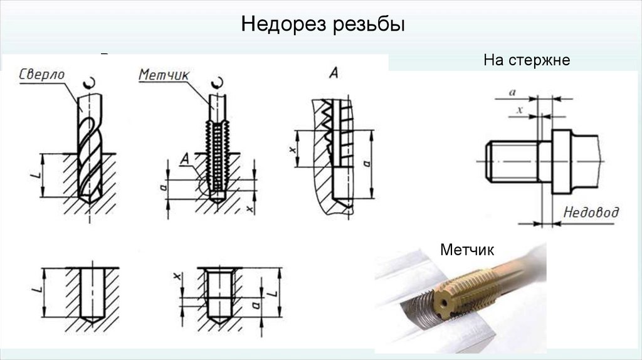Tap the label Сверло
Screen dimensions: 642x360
point(42,73)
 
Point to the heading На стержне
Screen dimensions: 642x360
point(526,61)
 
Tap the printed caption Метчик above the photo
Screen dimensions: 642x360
point(467,250)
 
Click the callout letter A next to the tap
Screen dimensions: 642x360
point(184,157)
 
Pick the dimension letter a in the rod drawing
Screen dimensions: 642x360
point(512,92)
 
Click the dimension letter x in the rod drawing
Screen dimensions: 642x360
point(519,109)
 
